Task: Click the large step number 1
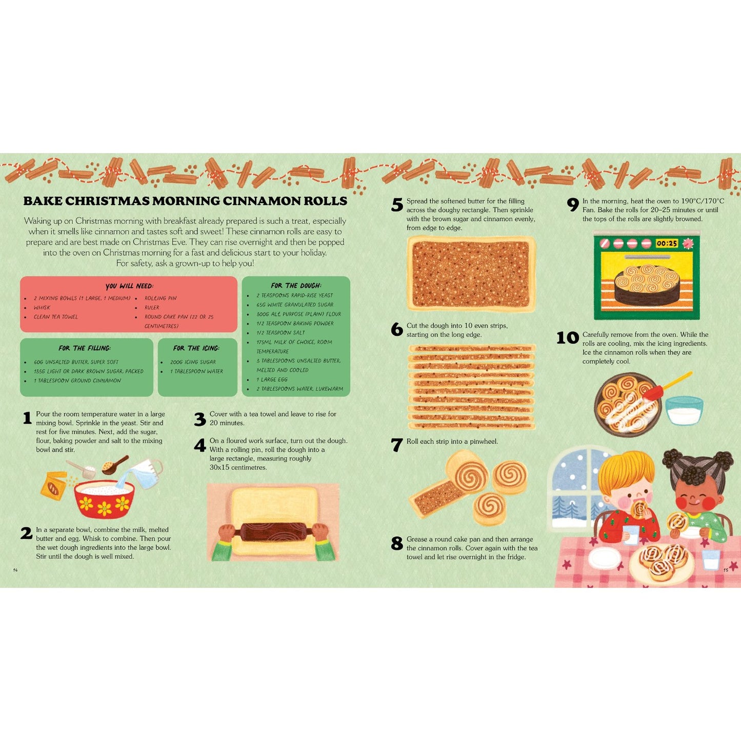pyautogui.click(x=27, y=418)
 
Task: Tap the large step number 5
pyautogui.click(x=397, y=205)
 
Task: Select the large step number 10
pyautogui.click(x=567, y=338)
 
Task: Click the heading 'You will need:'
pyautogui.click(x=129, y=286)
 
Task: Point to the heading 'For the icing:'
pyautogui.click(x=196, y=348)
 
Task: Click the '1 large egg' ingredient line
pyautogui.click(x=272, y=379)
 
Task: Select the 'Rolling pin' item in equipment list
pyautogui.click(x=161, y=298)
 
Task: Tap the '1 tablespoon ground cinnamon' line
pyautogui.click(x=77, y=380)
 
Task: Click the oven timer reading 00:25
pyautogui.click(x=667, y=244)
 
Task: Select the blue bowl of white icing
pyautogui.click(x=684, y=411)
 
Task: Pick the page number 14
pyautogui.click(x=15, y=570)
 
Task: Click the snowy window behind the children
pyautogui.click(x=574, y=487)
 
